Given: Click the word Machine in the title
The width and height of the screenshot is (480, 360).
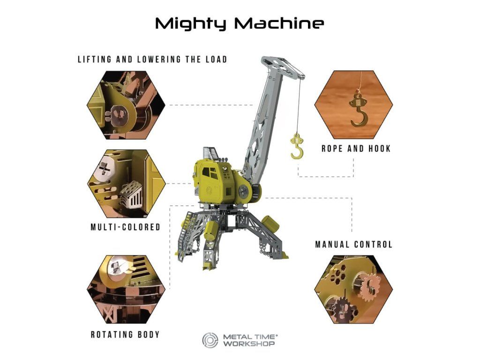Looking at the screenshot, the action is coord(279,23).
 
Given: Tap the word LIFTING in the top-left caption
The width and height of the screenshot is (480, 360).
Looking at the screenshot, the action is coord(94,59).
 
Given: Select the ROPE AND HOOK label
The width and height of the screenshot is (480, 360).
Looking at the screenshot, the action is coord(356,149).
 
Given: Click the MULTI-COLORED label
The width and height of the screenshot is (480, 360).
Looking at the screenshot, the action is coord(126,227).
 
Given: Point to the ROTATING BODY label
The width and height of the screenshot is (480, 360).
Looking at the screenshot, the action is coord(125,334).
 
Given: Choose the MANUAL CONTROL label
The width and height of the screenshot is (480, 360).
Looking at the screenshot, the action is coord(353,244).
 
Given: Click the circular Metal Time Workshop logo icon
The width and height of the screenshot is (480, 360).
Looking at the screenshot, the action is coord(210,340).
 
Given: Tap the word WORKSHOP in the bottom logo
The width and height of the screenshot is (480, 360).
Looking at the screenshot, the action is coord(248,344).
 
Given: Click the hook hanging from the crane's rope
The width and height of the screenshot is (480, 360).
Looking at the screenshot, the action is coord(297,146).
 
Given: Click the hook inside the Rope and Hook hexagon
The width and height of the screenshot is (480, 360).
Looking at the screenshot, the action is coord(358,110).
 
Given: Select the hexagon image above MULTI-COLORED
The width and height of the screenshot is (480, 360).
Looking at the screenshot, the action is coord(127,183).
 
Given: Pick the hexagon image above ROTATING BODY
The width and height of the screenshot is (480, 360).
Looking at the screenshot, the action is coord(127,290).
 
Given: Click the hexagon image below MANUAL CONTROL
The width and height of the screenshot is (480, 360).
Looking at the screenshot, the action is coord(353,290).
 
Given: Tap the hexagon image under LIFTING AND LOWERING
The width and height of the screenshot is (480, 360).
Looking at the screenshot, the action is coord(126,105).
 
